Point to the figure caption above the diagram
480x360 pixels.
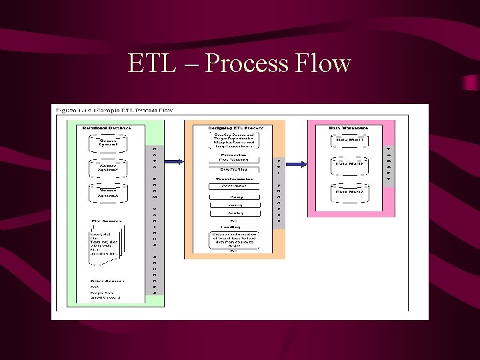coord(114,110)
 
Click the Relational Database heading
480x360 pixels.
coord(106,127)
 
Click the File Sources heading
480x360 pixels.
coord(106,220)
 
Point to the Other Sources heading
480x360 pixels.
coord(107,281)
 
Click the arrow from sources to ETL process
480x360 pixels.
coord(173,162)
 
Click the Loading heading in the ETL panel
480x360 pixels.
coord(233,227)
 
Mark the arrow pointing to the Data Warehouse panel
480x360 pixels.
coord(296,163)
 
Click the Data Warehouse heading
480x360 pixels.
coord(348,127)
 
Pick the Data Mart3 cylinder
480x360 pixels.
coord(349,192)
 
